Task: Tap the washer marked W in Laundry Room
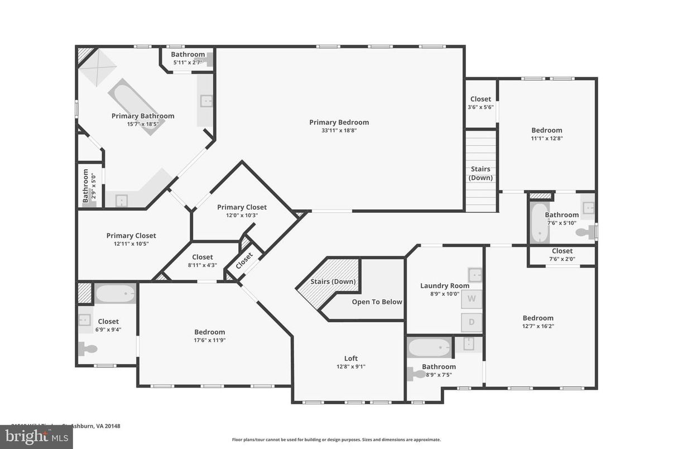click(472, 299)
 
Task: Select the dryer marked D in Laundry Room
click(472, 322)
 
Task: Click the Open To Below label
click(377, 302)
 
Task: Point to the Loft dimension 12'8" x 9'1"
click(351, 367)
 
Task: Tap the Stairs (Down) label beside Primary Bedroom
click(480, 174)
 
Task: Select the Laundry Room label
click(445, 286)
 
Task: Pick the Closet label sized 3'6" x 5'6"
click(480, 99)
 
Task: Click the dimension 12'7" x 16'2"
click(538, 326)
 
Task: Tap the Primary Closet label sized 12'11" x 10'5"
click(131, 236)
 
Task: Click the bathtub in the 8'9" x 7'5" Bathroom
click(429, 348)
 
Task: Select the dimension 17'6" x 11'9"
click(209, 340)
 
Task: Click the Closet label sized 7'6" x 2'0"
click(562, 251)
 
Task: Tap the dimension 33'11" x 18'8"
click(339, 130)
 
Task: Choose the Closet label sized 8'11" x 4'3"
click(202, 257)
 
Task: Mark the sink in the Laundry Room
click(474, 274)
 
